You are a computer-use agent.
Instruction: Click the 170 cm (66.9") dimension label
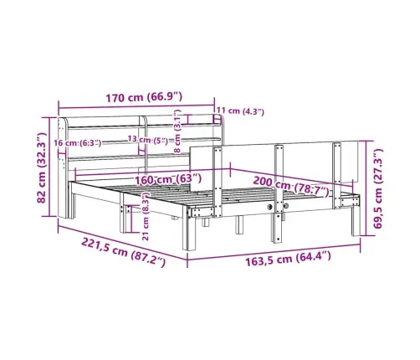click(x=144, y=97)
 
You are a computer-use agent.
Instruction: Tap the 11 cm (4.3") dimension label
click(x=240, y=111)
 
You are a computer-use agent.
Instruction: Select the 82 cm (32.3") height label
click(x=42, y=168)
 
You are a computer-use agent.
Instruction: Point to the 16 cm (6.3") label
click(x=78, y=143)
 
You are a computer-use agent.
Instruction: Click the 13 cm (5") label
click(x=148, y=140)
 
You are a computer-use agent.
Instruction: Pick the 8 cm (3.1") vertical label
click(x=177, y=131)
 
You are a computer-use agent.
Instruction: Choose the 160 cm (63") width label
click(x=168, y=179)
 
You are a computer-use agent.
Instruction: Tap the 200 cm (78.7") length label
click(x=291, y=187)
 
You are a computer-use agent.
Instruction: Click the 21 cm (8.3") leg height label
click(x=146, y=217)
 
